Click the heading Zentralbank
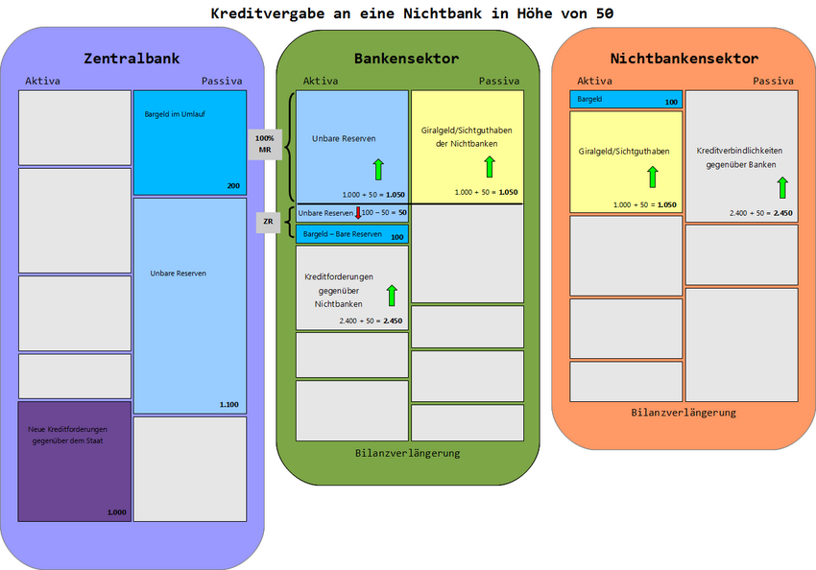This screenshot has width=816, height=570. (x=132, y=59)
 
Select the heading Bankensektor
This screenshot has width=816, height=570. (x=406, y=59)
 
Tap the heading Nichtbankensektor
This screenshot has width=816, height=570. (x=684, y=59)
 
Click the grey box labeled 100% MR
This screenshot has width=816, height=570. (x=264, y=144)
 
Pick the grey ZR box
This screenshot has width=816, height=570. (x=269, y=222)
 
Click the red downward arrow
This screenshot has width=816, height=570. (x=357, y=212)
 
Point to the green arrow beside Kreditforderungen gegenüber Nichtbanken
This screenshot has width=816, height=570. (x=391, y=295)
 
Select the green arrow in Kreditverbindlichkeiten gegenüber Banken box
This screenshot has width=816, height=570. (x=783, y=186)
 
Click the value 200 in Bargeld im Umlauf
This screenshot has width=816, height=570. (x=233, y=185)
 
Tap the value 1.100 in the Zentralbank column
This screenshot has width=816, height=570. (x=228, y=404)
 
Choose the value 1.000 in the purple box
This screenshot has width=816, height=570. (x=116, y=512)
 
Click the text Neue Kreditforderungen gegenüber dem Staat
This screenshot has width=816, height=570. (x=67, y=434)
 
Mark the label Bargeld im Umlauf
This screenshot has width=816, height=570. (x=173, y=113)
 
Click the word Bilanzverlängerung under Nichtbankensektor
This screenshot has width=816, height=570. (x=684, y=413)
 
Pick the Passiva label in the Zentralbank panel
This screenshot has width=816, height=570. (x=222, y=81)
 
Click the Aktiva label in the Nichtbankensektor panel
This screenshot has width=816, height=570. (x=594, y=81)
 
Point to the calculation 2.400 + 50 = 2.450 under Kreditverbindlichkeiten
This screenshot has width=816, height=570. (x=760, y=212)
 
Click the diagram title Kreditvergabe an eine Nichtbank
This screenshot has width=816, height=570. (x=412, y=13)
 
